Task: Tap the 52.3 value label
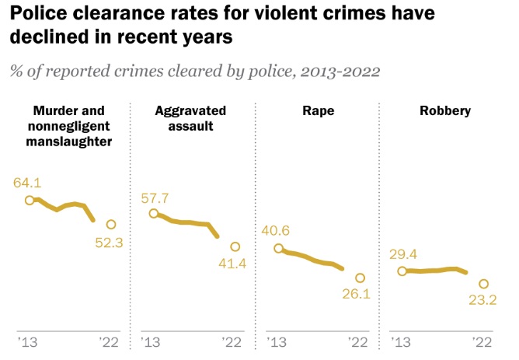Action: tap(110, 243)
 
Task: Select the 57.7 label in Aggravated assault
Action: tap(154, 197)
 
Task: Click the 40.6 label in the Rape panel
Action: tap(278, 231)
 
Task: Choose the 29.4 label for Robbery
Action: tap(402, 253)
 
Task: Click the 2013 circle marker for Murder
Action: tap(30, 200)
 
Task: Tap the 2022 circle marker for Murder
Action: tap(110, 224)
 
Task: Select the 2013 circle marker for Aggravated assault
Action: tap(154, 214)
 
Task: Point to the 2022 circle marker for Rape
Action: tap(359, 278)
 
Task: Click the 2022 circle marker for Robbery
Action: tap(483, 285)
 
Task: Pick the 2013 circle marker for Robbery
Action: tap(402, 271)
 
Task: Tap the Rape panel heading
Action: tap(318, 111)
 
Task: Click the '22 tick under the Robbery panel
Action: tap(482, 341)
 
